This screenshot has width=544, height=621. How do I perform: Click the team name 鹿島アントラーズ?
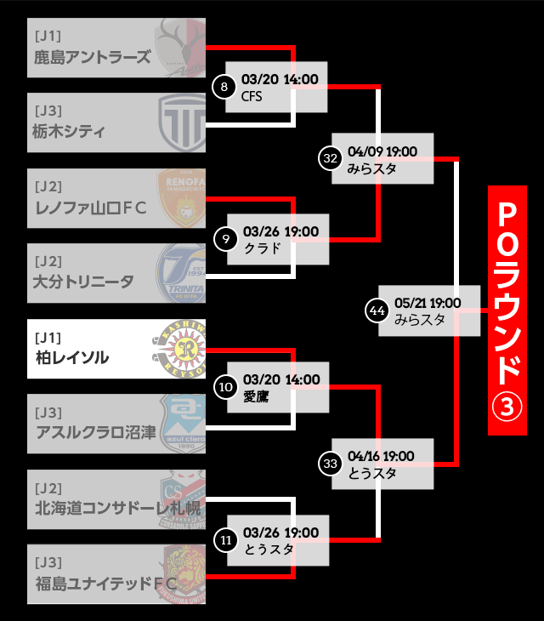pos(93,57)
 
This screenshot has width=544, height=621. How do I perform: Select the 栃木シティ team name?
pos(69,131)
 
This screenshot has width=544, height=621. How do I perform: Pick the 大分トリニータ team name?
pos(83,282)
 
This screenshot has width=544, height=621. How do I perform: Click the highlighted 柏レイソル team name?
pos(72,357)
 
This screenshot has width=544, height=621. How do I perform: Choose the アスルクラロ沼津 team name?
pos(96,432)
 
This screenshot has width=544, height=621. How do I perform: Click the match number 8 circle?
pos(224,87)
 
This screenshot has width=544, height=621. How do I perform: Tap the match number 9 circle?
pos(224,238)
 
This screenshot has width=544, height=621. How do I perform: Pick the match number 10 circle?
pos(225,387)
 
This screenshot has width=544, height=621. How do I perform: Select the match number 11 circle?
pos(225,539)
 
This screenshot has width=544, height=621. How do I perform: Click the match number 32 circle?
pos(331,157)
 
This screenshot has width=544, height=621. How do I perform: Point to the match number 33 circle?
pos(331,463)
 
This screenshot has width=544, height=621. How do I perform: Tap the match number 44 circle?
pos(377,310)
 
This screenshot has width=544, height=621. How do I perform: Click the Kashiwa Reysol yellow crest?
pos(180,348)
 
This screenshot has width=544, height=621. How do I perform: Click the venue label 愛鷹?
pos(255,396)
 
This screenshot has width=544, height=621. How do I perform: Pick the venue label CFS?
pos(252,96)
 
